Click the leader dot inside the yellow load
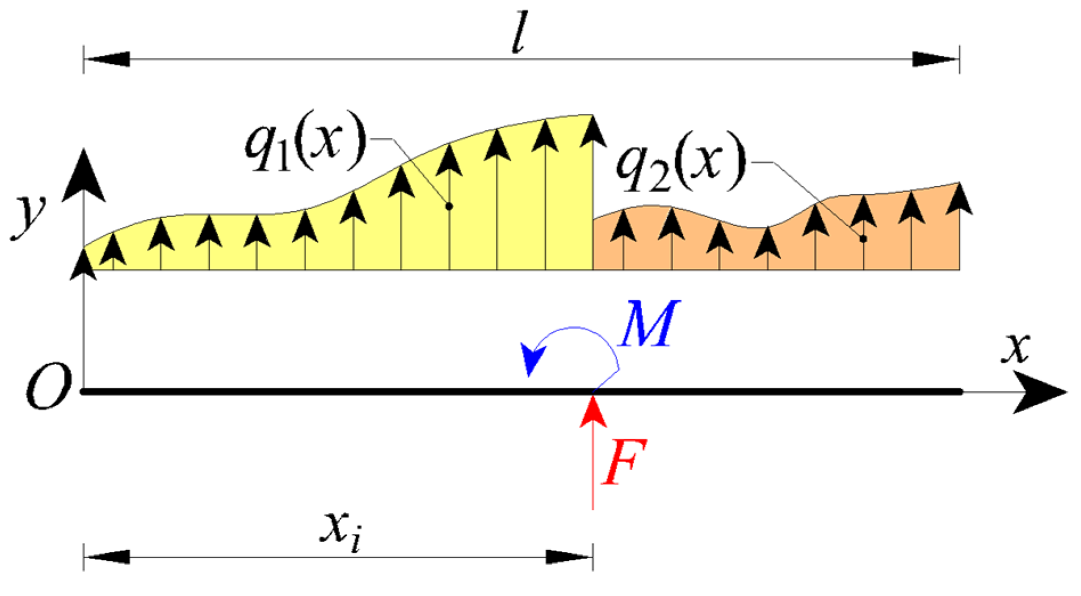click(x=449, y=206)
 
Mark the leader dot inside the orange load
click(x=863, y=239)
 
